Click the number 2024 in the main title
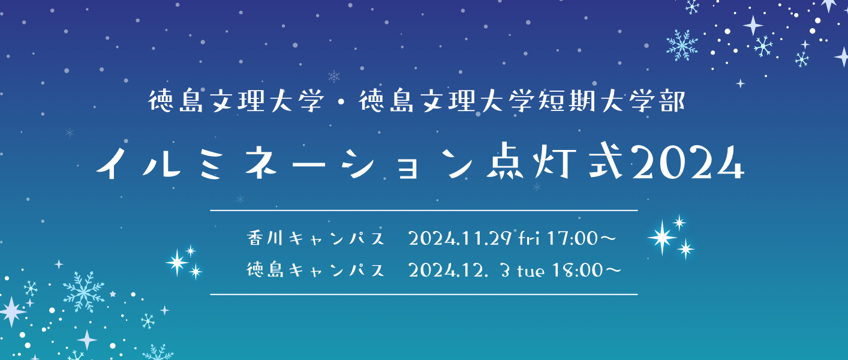click(x=688, y=163)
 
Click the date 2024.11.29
click(x=460, y=239)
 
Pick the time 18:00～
click(x=585, y=271)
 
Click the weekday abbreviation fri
click(x=530, y=239)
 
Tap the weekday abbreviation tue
click(x=530, y=271)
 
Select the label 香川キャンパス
click(x=315, y=239)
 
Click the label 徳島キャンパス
click(x=315, y=271)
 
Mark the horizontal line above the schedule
click(x=423, y=211)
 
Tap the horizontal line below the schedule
click(x=423, y=295)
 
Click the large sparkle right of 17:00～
click(x=662, y=238)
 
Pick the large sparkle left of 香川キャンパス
click(x=178, y=262)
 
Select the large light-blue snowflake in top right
click(x=682, y=45)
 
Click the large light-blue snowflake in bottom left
click(x=83, y=291)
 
